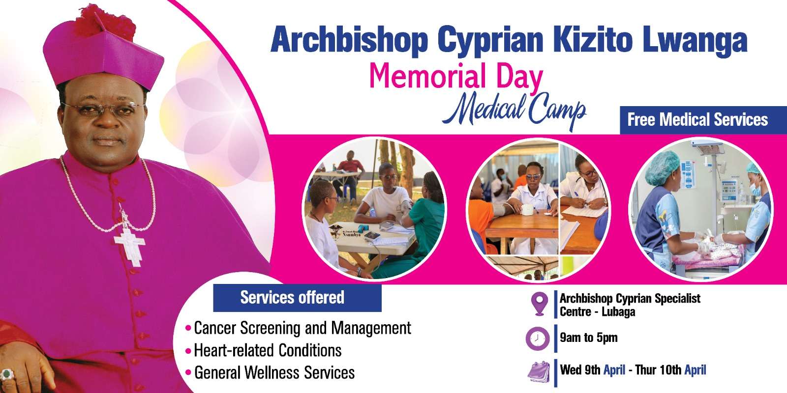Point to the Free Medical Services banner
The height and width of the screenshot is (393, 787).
point(703,120)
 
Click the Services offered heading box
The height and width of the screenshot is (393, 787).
point(297,298)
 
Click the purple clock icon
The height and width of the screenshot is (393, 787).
point(538,338)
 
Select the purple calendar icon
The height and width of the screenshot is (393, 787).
point(539,371)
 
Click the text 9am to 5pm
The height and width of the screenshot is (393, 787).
point(588,337)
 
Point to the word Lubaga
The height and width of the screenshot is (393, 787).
point(618,311)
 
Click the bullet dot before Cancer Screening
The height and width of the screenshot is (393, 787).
point(188,329)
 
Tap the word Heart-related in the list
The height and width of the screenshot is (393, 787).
point(233,350)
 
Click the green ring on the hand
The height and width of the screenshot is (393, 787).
point(6,374)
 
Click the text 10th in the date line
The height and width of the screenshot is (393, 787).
point(671,370)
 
